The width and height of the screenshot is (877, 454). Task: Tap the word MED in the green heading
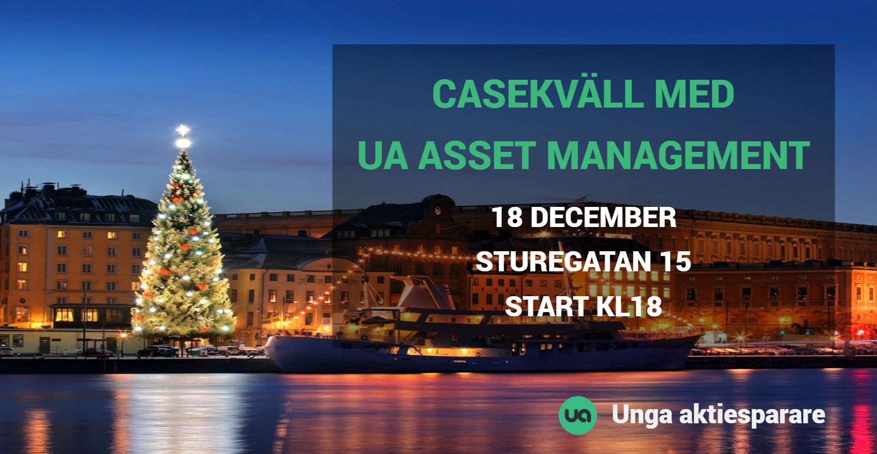pos(694,94)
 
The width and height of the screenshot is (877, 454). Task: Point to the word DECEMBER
pos(603,217)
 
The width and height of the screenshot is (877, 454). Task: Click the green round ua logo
pos(577,415)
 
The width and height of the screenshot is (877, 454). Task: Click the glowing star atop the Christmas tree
pos(183,131)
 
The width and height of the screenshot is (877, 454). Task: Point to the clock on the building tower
pos(437,211)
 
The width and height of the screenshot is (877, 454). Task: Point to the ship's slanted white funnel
pos(425,292)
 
